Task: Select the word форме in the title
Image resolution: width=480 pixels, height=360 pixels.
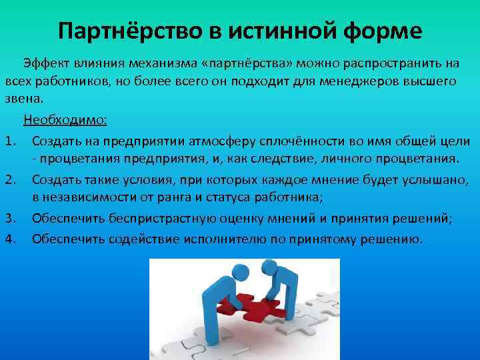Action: point(380,31)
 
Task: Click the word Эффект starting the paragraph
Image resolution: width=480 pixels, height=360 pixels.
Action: point(44,63)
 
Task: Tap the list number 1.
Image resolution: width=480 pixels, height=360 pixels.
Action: point(9,141)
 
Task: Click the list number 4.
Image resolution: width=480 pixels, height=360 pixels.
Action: point(9,239)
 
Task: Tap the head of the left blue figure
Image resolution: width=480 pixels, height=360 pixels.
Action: point(215,271)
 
